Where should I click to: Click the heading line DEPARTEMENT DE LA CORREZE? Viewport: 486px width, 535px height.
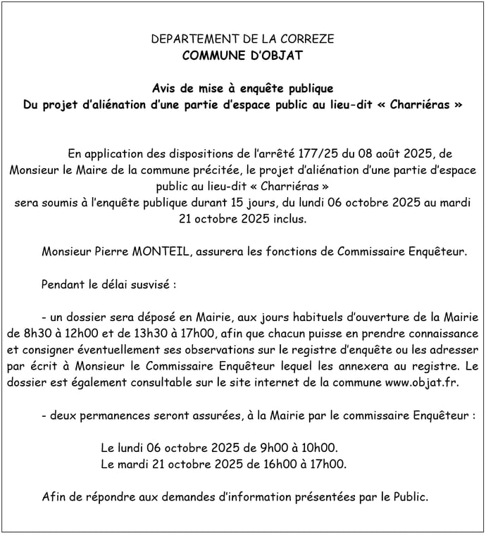click(243, 39)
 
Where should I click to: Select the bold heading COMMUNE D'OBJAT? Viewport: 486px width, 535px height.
click(243, 55)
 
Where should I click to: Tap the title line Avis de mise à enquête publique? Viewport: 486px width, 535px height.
click(243, 89)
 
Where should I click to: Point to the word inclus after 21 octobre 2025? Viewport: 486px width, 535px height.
click(289, 219)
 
